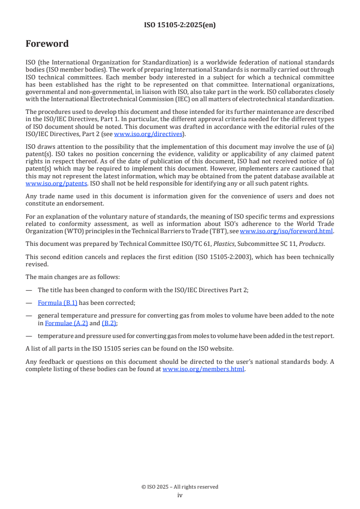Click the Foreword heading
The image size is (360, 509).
coord(47,44)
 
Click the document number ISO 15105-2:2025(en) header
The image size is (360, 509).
coord(180,25)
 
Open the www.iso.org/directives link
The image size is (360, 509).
coord(148,134)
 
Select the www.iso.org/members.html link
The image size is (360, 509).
coord(203,369)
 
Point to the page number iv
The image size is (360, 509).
coord(180,495)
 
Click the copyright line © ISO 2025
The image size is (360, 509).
coord(180,487)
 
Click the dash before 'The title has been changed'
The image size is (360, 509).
coord(29,290)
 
